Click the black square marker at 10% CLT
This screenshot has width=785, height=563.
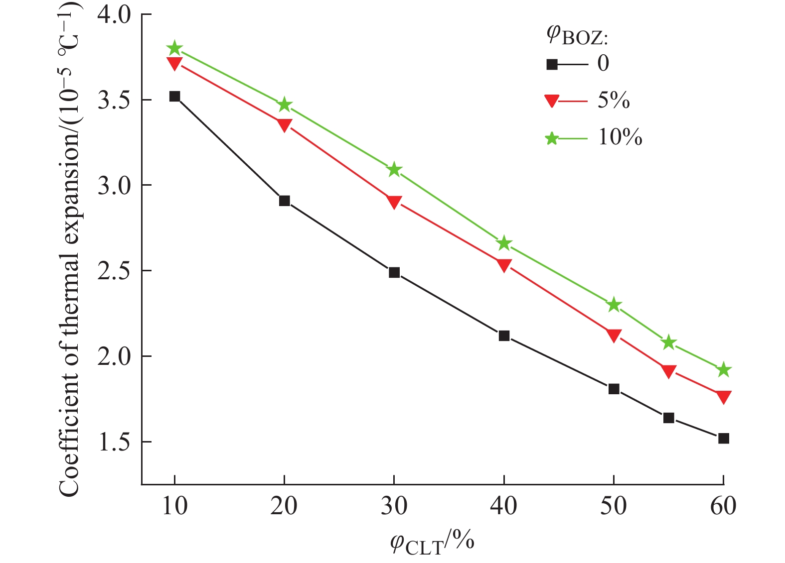[x=174, y=97]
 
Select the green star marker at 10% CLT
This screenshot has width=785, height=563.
[x=174, y=49]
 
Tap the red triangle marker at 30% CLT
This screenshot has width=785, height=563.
[x=394, y=202]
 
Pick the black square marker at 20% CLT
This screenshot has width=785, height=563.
[x=285, y=201]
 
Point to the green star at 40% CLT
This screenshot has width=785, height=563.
[x=504, y=243]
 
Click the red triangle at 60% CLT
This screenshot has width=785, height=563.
[x=724, y=397]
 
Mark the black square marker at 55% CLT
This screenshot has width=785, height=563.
[x=669, y=418]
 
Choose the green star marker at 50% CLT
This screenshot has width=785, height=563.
[x=614, y=305]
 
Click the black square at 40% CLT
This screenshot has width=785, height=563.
[x=504, y=336]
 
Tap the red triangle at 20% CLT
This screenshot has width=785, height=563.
[x=285, y=125]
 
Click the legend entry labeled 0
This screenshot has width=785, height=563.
[x=603, y=64]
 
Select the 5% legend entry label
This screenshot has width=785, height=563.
[x=614, y=101]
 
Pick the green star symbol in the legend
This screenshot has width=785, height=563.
[x=552, y=138]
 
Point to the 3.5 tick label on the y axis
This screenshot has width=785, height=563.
[x=114, y=100]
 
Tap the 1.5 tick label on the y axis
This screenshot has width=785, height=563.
[x=114, y=442]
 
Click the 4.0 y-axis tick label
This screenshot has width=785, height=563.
[x=114, y=15]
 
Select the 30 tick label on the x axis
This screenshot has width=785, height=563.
[x=394, y=506]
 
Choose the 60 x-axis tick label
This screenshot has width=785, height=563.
[x=723, y=506]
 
